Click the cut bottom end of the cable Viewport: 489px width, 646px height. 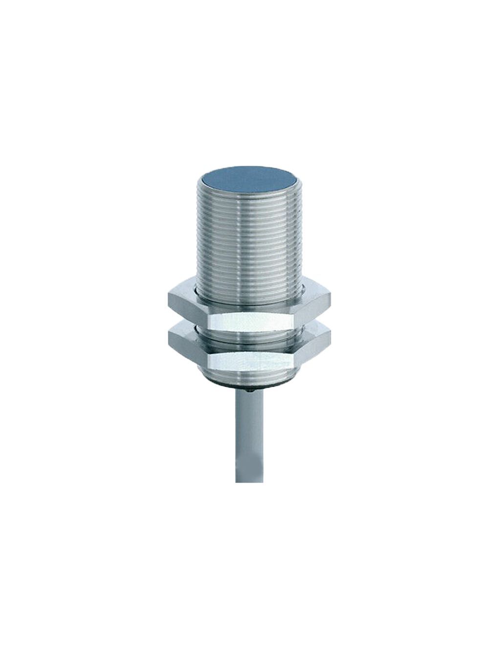coord(249,481)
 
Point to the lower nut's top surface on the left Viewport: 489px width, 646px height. coord(183,331)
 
